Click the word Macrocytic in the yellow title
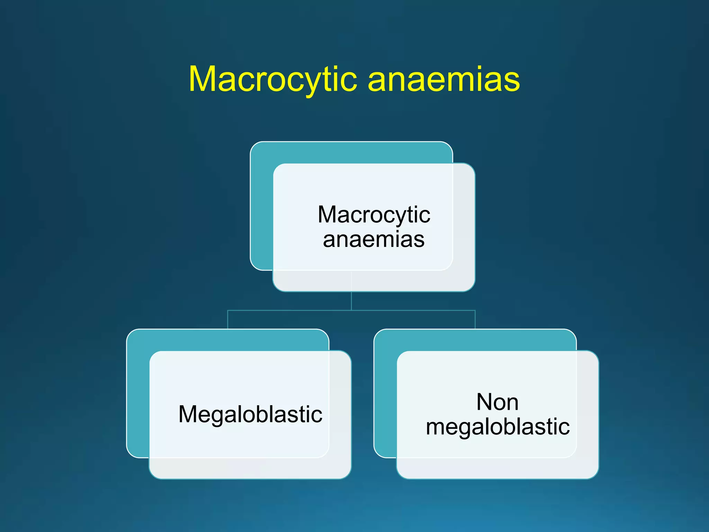[x=273, y=80]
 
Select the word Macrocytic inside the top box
[x=374, y=215]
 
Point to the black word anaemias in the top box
[x=374, y=239]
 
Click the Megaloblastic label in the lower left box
[x=250, y=415]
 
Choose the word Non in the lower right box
[x=497, y=402]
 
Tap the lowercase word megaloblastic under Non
[x=497, y=427]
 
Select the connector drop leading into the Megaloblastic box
[x=227, y=320]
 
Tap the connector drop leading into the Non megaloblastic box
[x=475, y=320]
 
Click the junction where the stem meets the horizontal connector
[x=351, y=311]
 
